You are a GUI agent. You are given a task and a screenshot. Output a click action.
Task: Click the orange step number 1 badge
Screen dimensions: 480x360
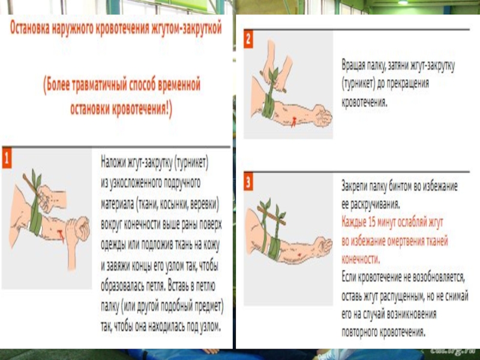(x=7, y=158)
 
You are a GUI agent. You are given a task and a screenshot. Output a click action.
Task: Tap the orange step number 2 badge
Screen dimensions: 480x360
(x=248, y=39)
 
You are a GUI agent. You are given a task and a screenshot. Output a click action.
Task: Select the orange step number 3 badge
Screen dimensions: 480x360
(x=248, y=182)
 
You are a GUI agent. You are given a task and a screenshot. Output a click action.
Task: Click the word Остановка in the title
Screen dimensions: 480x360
(x=29, y=28)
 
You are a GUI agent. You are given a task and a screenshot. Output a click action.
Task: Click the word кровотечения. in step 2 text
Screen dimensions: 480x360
(x=364, y=102)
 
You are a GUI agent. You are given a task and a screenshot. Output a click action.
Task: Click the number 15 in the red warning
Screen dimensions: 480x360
(x=372, y=223)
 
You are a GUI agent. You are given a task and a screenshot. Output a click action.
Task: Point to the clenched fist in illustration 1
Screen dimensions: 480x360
(x=80, y=228)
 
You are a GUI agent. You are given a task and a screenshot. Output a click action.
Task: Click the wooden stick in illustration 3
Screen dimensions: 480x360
(x=272, y=216)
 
